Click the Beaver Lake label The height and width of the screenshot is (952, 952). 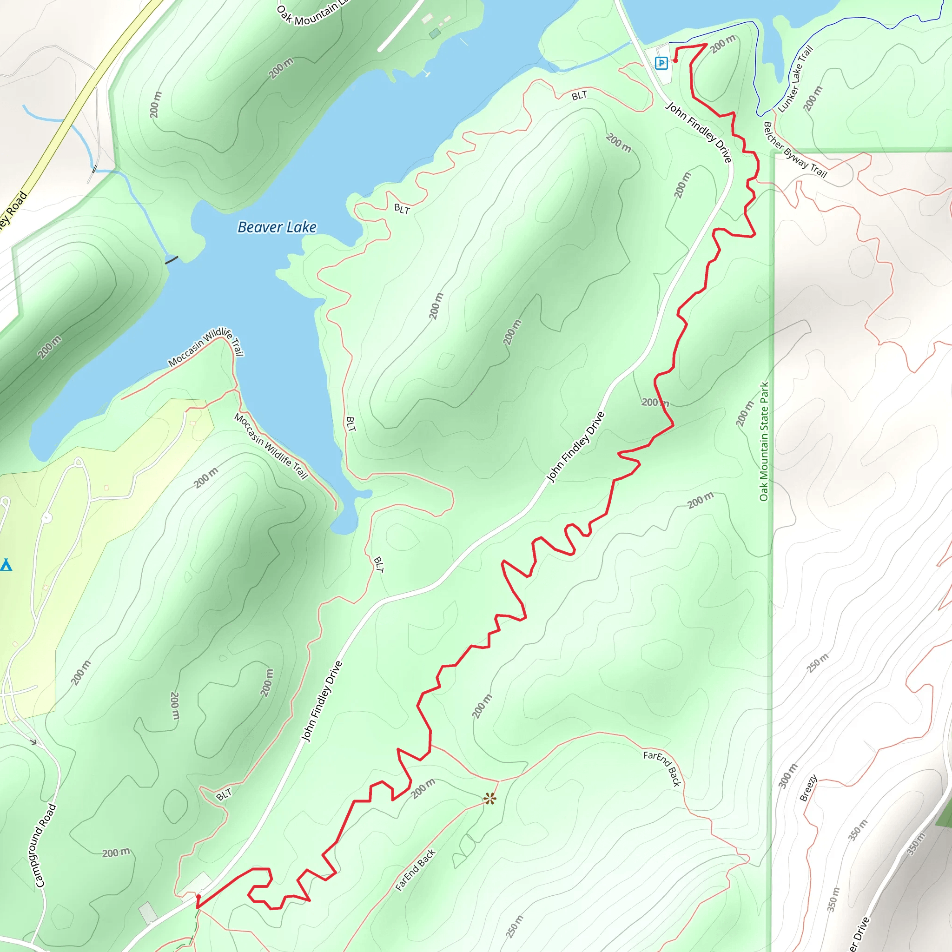coord(277,227)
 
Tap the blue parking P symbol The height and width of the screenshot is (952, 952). coord(661,63)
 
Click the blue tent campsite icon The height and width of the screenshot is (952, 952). coord(6,565)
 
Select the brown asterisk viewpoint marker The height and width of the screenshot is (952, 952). coord(489,799)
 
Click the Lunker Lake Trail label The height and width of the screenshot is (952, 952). coord(795,79)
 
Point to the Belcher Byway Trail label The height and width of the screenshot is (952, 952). coord(794,150)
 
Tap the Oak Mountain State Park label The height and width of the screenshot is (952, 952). coord(764,442)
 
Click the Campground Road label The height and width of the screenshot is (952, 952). coord(46,846)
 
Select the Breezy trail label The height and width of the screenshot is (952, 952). coord(808,788)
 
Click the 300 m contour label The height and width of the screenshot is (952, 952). coord(787,776)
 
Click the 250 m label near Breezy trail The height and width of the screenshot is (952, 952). coord(818,663)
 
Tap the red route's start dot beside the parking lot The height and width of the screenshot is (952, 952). coord(675,60)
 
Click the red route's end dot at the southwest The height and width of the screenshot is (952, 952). coord(198,897)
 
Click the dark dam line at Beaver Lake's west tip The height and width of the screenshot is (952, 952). coord(172,260)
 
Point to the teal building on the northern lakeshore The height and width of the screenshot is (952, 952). coord(435,33)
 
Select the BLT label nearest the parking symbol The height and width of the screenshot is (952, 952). coord(580,96)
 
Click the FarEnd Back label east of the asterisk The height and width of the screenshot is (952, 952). coord(662,768)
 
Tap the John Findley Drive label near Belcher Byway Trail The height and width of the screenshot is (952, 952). coord(698,132)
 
